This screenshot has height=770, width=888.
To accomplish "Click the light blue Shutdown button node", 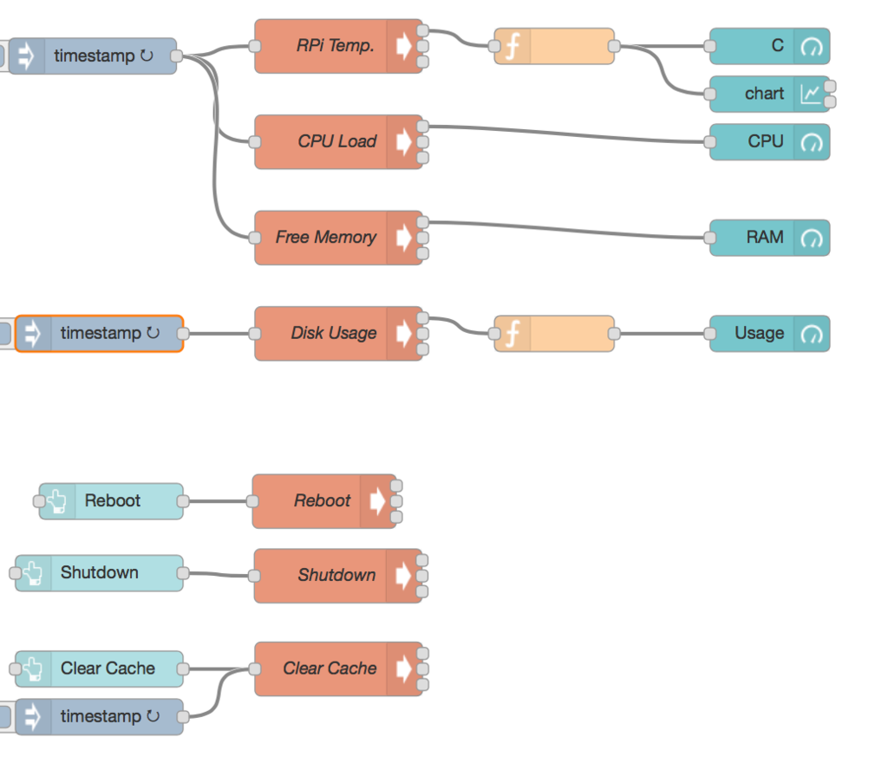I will (x=99, y=573).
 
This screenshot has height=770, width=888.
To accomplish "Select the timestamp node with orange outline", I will (x=99, y=334).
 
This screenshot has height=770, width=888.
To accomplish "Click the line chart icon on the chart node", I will (x=810, y=94).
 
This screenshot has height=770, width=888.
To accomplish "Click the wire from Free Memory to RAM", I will (x=564, y=229).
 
